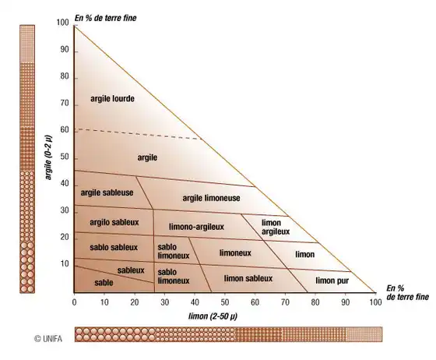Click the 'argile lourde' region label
pyautogui.click(x=112, y=99)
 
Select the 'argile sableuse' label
pyautogui.click(x=107, y=192)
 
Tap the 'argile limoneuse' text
pyautogui.click(x=211, y=198)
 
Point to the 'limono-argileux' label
pyautogui.click(x=196, y=227)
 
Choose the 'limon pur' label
pyautogui.click(x=332, y=281)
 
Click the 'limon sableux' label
pyautogui.click(x=248, y=278)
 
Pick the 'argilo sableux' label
pyautogui.click(x=114, y=222)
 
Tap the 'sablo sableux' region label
pyautogui.click(x=114, y=247)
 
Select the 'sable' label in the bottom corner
pyautogui.click(x=104, y=283)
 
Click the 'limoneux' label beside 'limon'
pyautogui.click(x=235, y=253)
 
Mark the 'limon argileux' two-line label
pyautogui.click(x=276, y=227)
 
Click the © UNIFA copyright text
pyautogui.click(x=48, y=339)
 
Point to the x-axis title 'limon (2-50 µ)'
pyautogui.click(x=213, y=316)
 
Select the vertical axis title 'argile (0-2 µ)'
pyautogui.click(x=48, y=157)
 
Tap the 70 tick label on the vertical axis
pyautogui.click(x=65, y=104)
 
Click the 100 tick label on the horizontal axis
pyautogui.click(x=375, y=302)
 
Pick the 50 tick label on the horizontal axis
pyautogui.click(x=225, y=302)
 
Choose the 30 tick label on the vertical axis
pyautogui.click(x=65, y=210)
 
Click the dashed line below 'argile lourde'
pyautogui.click(x=139, y=134)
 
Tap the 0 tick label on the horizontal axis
pyautogui.click(x=74, y=302)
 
